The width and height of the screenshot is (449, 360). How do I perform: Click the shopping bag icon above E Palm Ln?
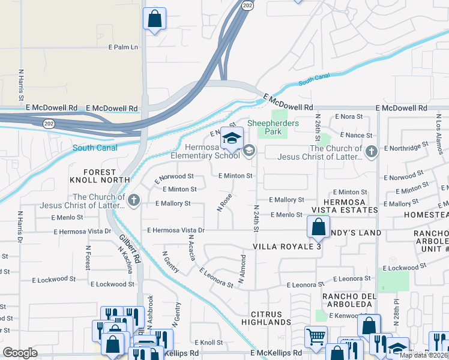(154, 18)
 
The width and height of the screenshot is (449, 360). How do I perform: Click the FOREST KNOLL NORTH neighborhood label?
(100, 176)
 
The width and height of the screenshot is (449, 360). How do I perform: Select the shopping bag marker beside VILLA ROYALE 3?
(318, 227)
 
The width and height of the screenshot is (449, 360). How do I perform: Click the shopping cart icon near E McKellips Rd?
(315, 337)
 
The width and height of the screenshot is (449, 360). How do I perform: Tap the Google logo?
(20, 353)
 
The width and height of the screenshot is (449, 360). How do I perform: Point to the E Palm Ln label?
(123, 47)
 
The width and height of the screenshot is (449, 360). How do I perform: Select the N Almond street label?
(244, 271)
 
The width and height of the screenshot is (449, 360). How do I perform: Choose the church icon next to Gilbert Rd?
(133, 200)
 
